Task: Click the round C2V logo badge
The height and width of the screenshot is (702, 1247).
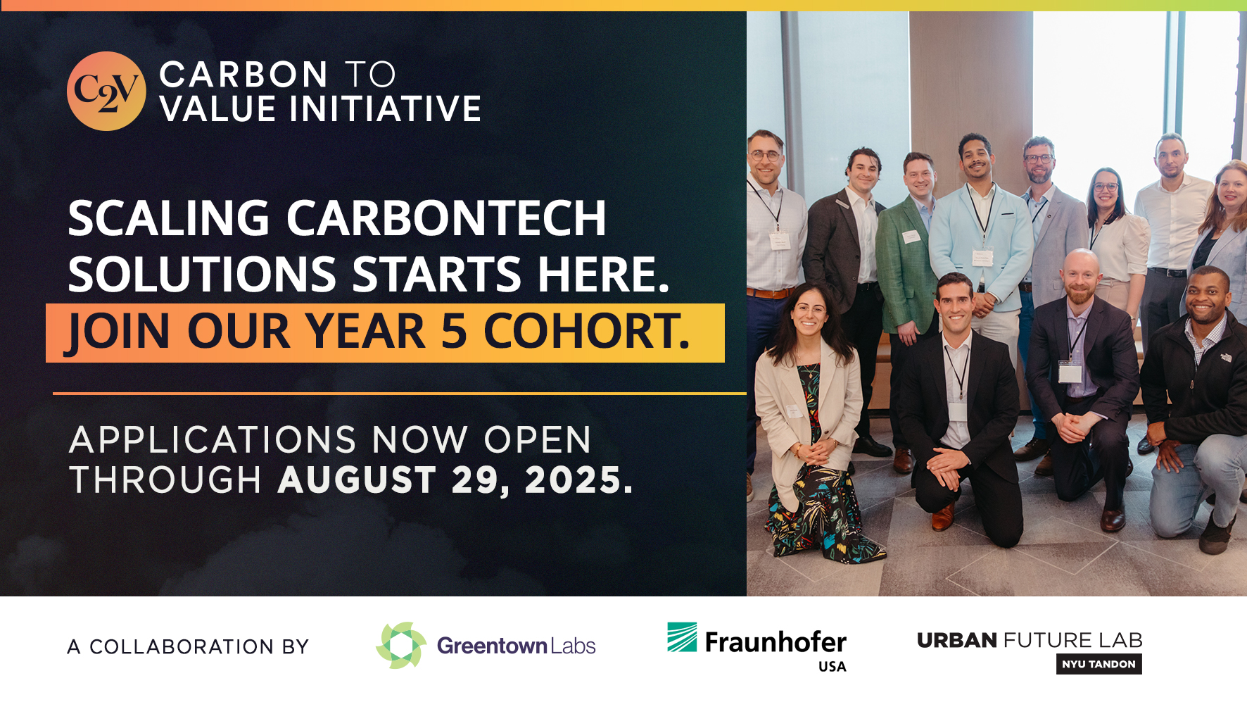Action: coord(106,91)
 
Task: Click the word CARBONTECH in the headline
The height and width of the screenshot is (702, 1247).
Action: coord(445,218)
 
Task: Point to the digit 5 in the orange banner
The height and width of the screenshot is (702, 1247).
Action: coord(454,330)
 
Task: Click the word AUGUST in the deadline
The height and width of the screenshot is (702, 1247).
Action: coord(357,480)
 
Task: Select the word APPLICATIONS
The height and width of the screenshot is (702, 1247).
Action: coord(213,440)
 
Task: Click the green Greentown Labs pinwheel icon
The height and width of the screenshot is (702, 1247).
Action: coord(401,645)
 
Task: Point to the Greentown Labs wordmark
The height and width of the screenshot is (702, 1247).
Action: coord(516,646)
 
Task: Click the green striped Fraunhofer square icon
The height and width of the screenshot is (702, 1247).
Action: coord(682,637)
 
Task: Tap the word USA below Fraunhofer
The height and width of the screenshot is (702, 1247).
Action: coord(833,667)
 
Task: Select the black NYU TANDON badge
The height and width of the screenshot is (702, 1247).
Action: coord(1099,664)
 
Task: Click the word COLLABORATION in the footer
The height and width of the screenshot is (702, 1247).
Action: coord(182,646)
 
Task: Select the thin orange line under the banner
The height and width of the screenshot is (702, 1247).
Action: coord(400,394)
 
